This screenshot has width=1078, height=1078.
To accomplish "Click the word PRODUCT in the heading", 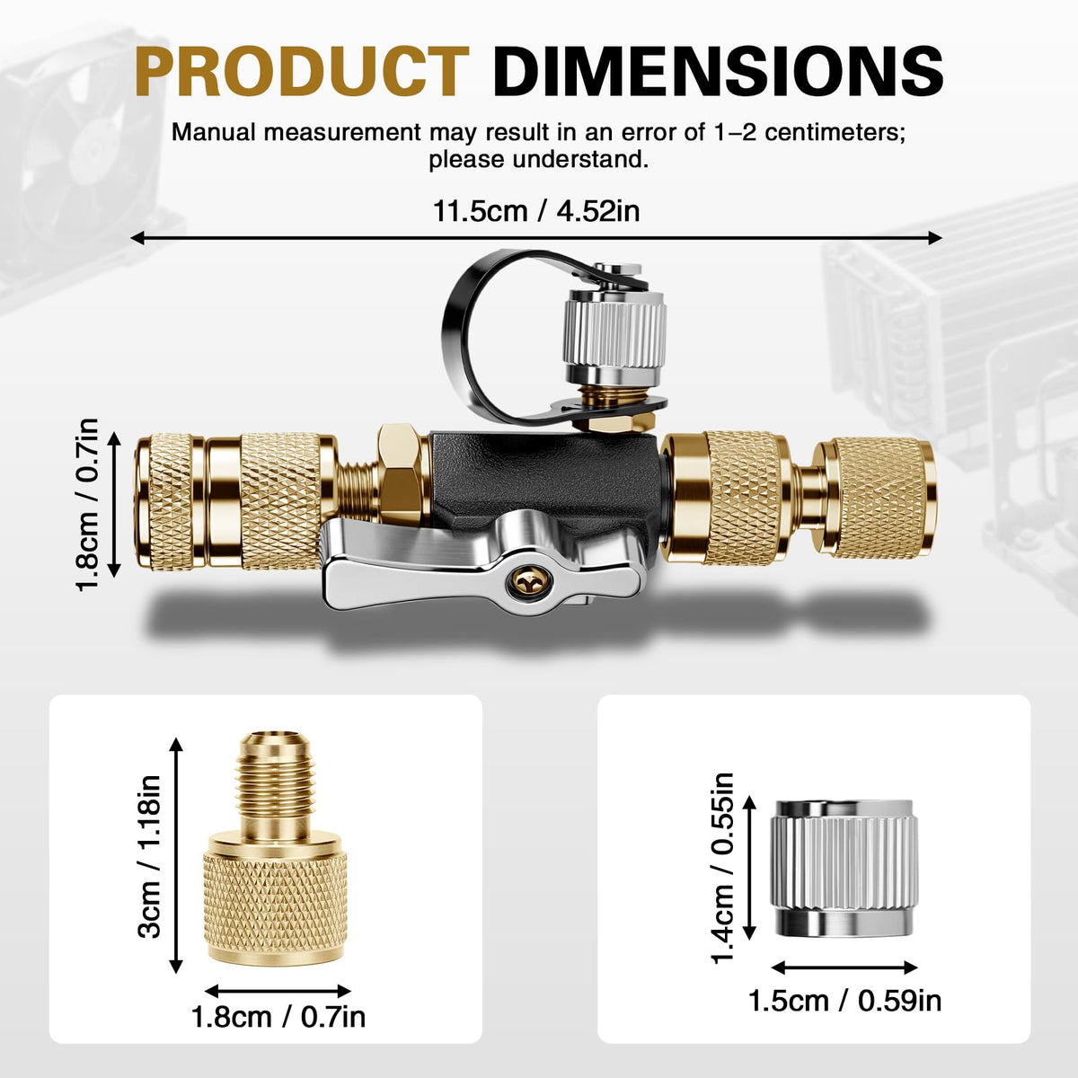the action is tap(302, 72).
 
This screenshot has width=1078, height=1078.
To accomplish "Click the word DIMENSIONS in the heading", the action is tap(718, 72).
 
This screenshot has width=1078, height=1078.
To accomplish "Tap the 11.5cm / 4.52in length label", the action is tap(536, 211).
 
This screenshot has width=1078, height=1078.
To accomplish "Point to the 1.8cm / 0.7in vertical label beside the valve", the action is tap(87, 504).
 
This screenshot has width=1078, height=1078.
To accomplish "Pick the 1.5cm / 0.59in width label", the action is tap(844, 1001).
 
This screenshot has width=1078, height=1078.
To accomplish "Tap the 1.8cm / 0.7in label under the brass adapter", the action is tap(278, 1016).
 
